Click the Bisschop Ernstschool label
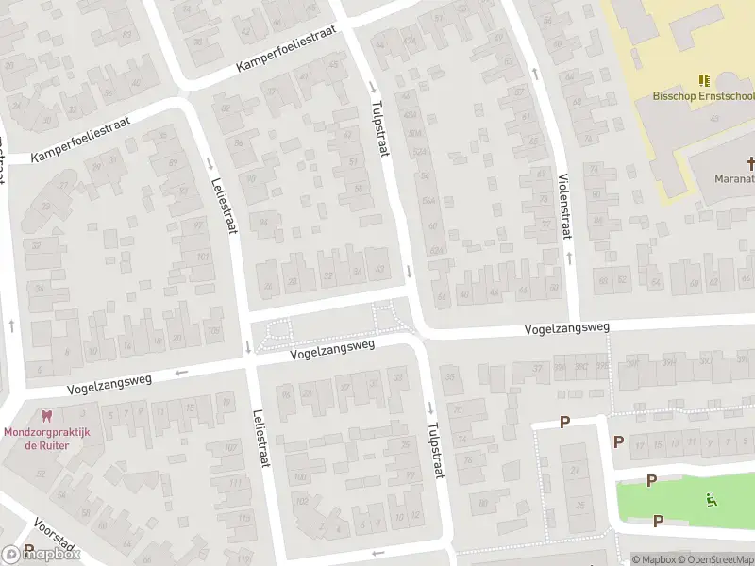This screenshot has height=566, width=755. [703, 95]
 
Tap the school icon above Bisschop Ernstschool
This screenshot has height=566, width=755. [703, 81]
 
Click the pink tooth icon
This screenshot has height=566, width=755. [44, 416]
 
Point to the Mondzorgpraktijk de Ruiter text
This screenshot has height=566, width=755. [45, 438]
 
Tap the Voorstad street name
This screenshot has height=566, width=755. [52, 534]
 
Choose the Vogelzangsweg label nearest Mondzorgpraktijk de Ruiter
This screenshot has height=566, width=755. [109, 382]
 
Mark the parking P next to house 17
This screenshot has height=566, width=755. [618, 441]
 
